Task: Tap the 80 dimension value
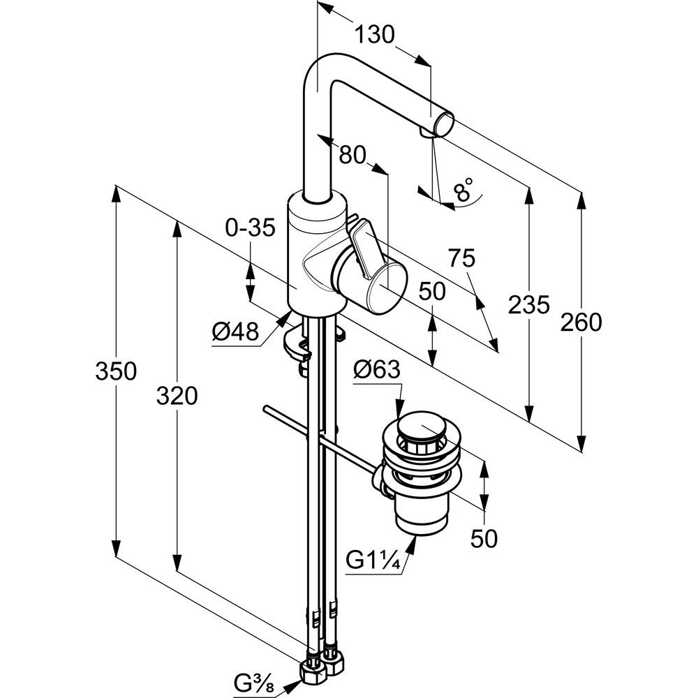click(x=354, y=155)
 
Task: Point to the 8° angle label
click(x=462, y=190)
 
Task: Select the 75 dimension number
click(x=461, y=258)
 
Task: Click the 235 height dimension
click(x=528, y=305)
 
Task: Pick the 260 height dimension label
click(x=581, y=322)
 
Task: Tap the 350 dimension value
click(x=116, y=371)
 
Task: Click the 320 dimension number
click(x=177, y=396)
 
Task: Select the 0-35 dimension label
click(x=251, y=228)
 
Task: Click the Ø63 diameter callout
click(x=377, y=370)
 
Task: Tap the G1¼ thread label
click(x=373, y=559)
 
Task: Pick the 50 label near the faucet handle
click(x=433, y=291)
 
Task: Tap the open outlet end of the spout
click(x=443, y=126)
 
